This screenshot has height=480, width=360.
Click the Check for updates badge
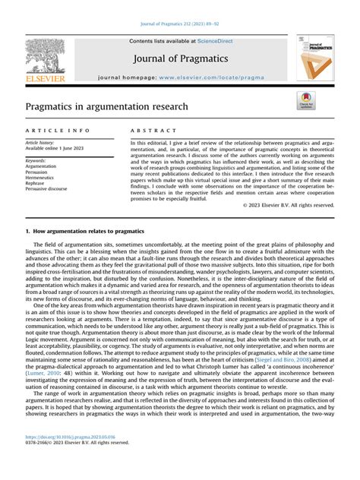tap(305, 101)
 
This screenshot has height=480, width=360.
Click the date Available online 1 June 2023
tap(55, 149)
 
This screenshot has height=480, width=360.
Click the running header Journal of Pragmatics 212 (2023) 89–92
tap(179, 27)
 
